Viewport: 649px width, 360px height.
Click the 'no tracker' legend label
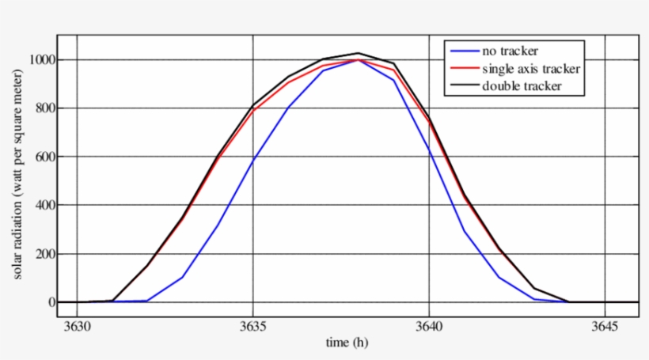(510, 51)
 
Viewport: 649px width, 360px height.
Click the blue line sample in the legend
(464, 51)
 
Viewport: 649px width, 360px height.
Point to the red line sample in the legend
(464, 69)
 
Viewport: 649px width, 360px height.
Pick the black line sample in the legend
(464, 86)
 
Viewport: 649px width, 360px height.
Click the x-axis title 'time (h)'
(347, 343)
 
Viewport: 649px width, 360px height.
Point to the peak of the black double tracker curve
(359, 53)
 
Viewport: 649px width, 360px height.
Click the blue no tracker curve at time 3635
(252, 161)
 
